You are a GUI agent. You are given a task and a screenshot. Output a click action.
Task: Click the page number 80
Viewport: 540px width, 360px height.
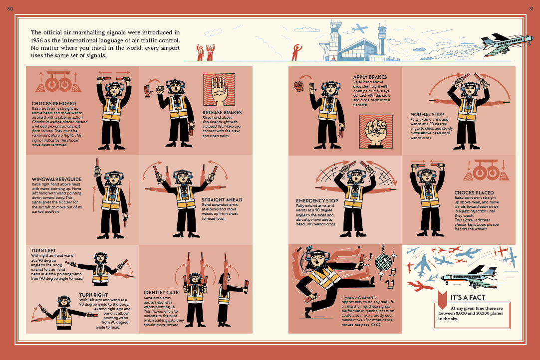tap(10, 8)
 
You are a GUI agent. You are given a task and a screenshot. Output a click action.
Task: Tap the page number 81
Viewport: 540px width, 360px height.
tap(531, 8)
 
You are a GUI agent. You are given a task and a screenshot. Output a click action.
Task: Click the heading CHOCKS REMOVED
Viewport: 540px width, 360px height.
tap(54, 103)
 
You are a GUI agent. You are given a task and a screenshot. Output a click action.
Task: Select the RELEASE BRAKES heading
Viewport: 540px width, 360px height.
tap(222, 113)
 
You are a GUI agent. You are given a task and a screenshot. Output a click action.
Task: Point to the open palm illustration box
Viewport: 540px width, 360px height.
tap(219, 89)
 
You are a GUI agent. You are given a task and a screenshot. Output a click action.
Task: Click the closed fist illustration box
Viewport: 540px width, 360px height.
tap(376, 132)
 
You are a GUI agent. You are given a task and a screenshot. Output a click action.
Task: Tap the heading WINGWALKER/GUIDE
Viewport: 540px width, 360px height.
tap(57, 180)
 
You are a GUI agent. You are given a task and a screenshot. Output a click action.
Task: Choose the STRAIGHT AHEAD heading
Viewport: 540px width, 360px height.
tap(222, 199)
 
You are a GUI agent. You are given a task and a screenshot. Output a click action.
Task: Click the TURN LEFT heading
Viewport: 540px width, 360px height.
tap(43, 251)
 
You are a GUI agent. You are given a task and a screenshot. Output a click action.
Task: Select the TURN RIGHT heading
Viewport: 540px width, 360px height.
tap(93, 295)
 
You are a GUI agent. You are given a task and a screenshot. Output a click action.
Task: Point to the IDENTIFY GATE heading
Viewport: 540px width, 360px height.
tap(161, 293)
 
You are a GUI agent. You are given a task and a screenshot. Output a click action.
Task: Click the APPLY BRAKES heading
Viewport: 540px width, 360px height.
tap(370, 77)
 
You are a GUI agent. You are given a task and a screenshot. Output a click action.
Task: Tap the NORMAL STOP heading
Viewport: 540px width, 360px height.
tap(427, 114)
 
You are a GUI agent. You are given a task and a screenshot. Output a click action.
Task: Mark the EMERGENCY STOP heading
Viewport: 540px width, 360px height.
tap(317, 200)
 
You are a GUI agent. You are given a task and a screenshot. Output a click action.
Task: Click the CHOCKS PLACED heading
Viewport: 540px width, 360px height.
tap(474, 193)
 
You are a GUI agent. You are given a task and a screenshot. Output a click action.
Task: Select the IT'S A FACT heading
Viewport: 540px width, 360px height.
tap(468, 297)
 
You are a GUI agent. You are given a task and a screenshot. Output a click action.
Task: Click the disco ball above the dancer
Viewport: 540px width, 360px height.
tap(383, 262)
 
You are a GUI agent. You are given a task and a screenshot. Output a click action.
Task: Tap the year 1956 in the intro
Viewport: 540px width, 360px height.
tap(37, 40)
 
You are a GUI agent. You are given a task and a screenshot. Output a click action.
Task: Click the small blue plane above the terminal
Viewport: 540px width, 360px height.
tap(359, 28)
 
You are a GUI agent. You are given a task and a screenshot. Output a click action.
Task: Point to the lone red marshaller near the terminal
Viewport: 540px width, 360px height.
tap(296, 52)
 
